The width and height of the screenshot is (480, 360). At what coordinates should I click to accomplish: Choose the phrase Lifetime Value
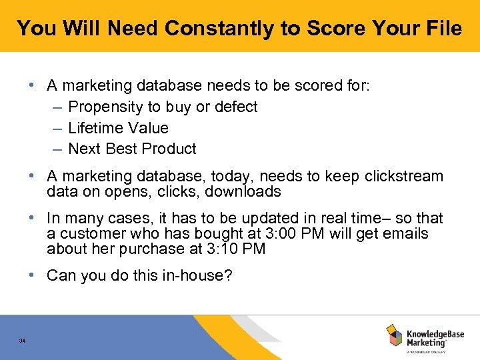point(118,128)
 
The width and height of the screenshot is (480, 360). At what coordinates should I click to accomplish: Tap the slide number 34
point(23,341)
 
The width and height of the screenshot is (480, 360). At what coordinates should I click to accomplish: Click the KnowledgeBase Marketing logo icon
point(395,335)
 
